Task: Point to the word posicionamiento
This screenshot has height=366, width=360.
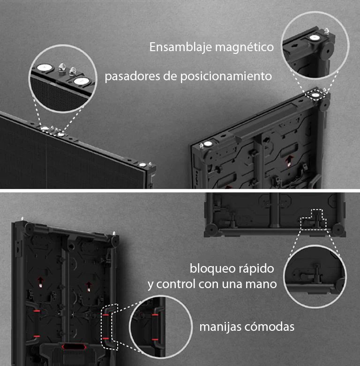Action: (x=226, y=76)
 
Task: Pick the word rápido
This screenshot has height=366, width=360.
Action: (x=255, y=269)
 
